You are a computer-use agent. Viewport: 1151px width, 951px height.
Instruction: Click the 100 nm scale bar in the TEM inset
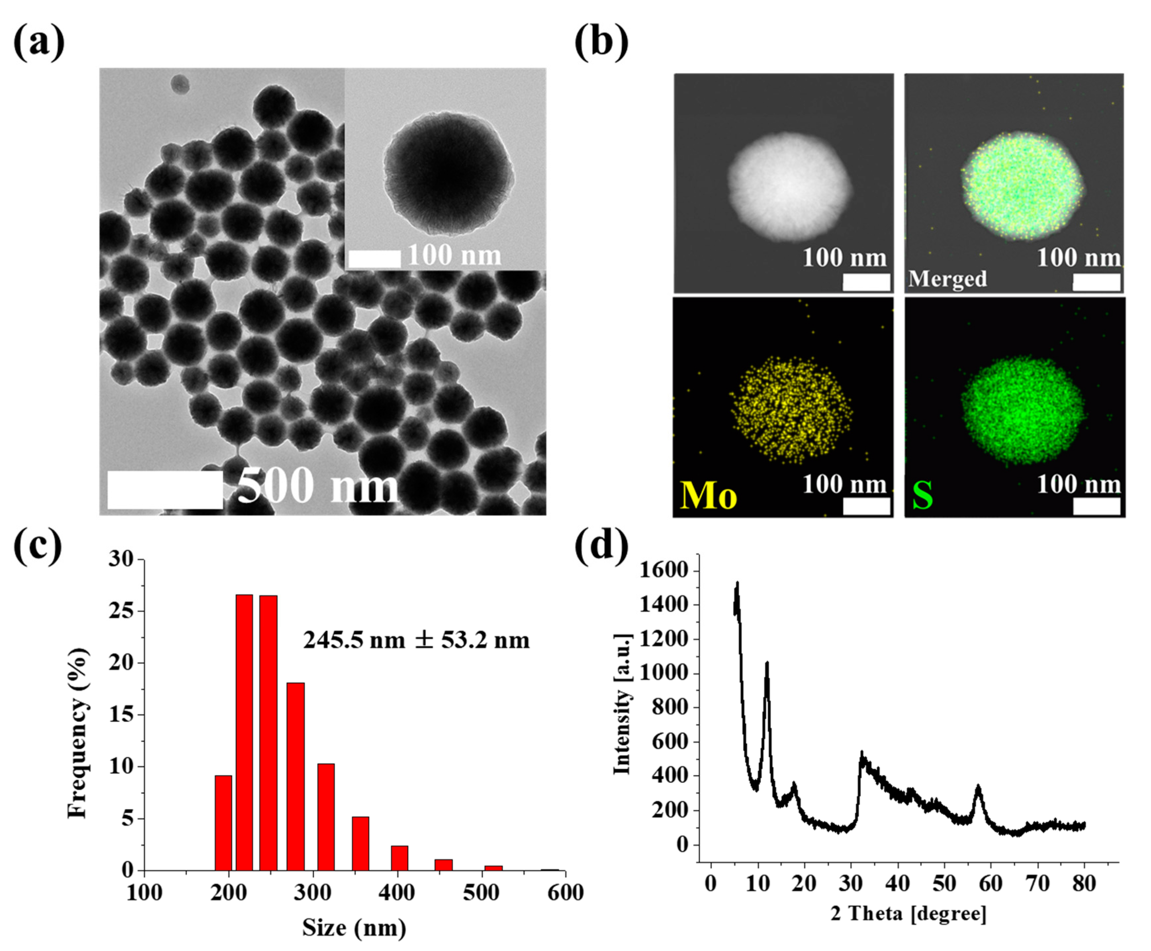click(x=374, y=258)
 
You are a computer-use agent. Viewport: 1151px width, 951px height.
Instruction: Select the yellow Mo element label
click(x=708, y=496)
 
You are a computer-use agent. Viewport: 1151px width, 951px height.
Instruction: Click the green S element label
click(x=922, y=495)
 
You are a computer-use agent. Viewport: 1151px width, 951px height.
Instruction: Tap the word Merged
click(x=947, y=279)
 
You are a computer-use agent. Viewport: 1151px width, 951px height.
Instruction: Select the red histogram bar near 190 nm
click(x=223, y=822)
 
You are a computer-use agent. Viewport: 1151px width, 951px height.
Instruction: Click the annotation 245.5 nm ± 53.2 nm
click(x=416, y=640)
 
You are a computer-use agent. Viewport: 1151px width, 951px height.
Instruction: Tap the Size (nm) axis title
click(x=354, y=928)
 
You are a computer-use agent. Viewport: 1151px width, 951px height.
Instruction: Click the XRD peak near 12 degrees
click(x=767, y=664)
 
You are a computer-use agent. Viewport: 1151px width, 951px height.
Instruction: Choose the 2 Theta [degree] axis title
click(x=908, y=914)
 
